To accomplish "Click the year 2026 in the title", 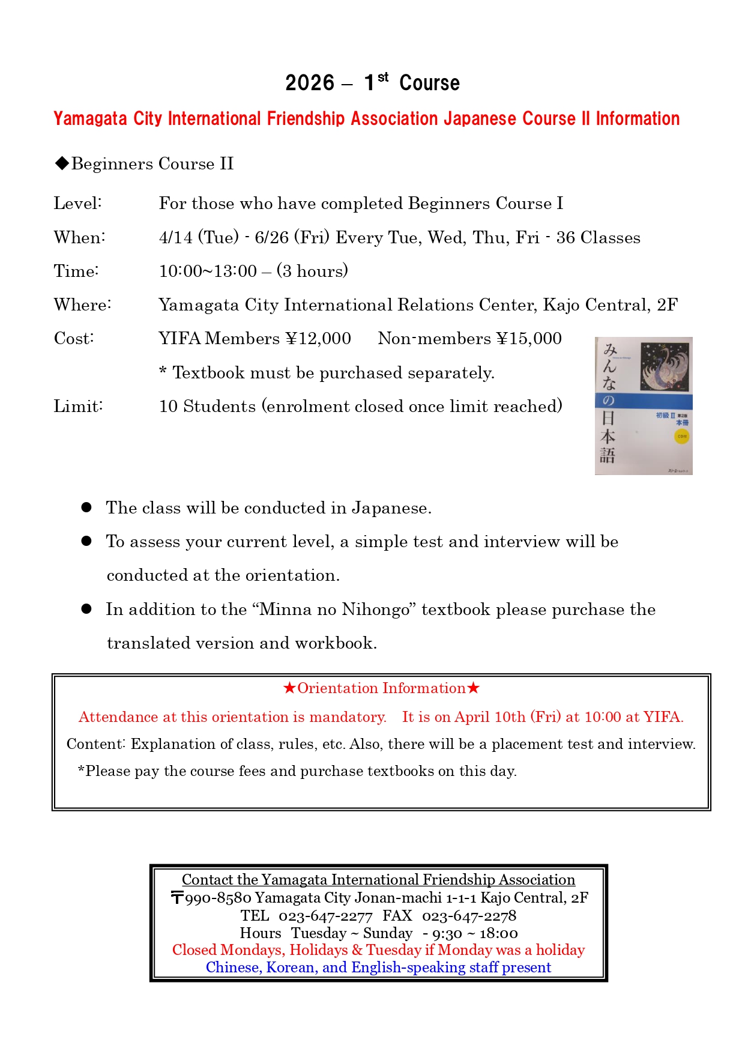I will (309, 83).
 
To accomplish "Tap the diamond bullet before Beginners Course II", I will (62, 163).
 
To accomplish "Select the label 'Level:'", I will (77, 204).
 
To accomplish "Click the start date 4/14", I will (176, 238).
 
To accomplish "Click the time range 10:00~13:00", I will (208, 271).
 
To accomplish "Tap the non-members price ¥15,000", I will (529, 339).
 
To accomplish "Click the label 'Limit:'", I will (78, 407).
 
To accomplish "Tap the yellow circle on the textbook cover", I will (681, 437).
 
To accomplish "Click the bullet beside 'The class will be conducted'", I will (86, 507).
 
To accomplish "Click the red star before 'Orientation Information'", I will (289, 688).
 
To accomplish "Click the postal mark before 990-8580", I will (177, 898).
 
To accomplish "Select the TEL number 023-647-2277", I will (325, 916).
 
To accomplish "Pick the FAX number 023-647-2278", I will (469, 916).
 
